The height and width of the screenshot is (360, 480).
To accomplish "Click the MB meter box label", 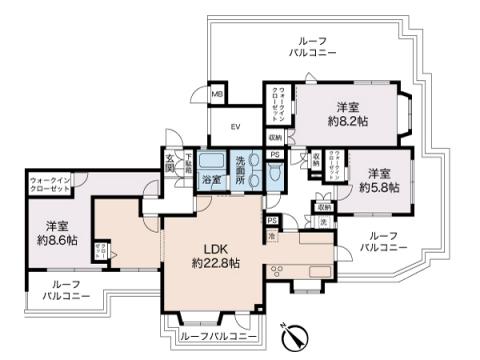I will click(217, 94).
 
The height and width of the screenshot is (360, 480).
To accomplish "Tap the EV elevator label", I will click(237, 126).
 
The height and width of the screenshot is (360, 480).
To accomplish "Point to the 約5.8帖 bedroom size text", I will click(380, 187).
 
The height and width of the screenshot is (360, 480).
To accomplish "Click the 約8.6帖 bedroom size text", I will click(57, 240).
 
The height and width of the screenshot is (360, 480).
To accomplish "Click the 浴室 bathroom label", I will click(211, 181).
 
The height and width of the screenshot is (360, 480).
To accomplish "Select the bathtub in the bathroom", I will click(211, 162).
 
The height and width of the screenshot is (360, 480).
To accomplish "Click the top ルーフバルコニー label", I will click(313, 43).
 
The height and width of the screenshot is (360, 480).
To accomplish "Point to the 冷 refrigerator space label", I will click(271, 235).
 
